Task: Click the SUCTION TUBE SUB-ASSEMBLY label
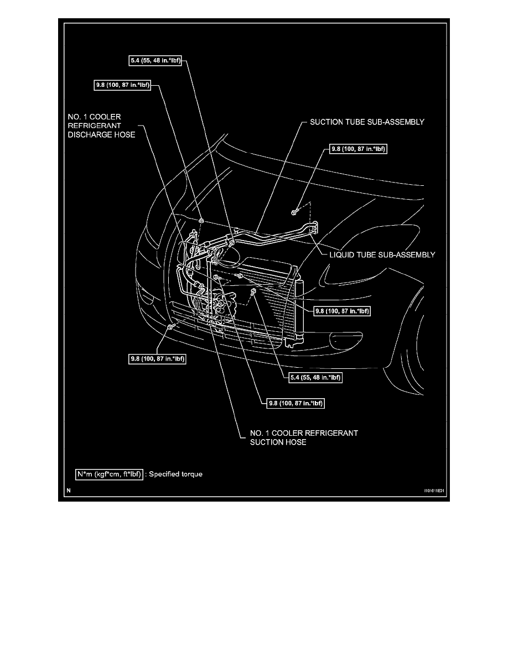coord(362,122)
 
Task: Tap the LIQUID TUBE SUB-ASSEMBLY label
coord(379,255)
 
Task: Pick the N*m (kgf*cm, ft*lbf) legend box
coord(109,474)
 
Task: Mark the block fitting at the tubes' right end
coord(314,228)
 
